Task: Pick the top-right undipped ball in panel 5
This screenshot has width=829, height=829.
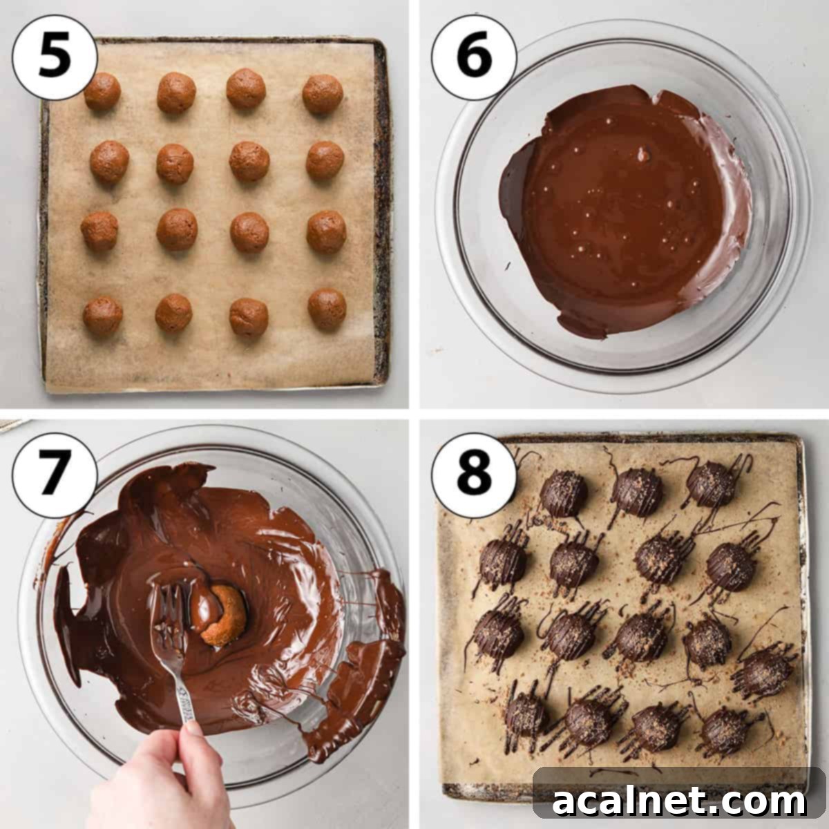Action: [x=323, y=93]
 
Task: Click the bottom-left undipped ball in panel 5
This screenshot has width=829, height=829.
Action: [x=103, y=316]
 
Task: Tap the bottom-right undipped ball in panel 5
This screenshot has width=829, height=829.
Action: [x=327, y=309]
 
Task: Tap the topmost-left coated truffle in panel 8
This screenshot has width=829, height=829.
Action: [x=563, y=493]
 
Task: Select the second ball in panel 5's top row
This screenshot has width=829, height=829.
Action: [x=176, y=93]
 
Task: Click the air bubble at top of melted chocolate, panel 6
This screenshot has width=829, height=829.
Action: [x=643, y=153]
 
